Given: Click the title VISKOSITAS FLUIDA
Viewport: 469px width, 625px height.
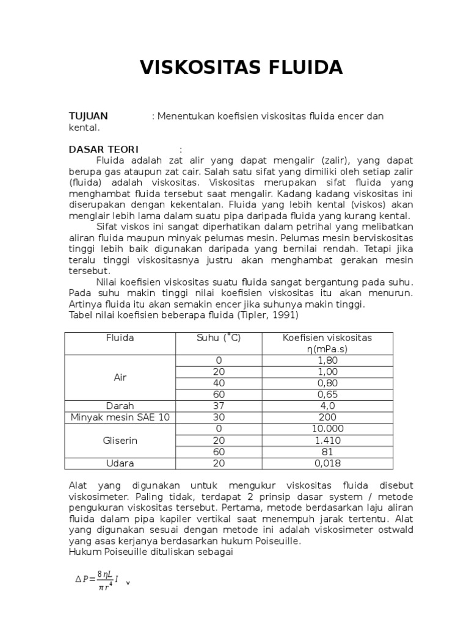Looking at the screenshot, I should [x=241, y=67].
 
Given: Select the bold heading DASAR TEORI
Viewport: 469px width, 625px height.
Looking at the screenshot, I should [x=103, y=150].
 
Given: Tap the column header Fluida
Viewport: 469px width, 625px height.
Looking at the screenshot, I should [x=120, y=338].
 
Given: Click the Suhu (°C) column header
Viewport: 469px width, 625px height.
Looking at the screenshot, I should [x=219, y=338].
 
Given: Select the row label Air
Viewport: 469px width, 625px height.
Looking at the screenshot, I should [x=120, y=377].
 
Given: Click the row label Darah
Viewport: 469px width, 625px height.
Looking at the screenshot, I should [x=120, y=405].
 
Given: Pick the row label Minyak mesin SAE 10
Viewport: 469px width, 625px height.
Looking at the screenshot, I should [x=120, y=417].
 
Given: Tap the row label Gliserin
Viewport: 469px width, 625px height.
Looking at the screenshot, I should [x=120, y=440].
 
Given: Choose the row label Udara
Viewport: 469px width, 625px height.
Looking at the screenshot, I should [x=120, y=463].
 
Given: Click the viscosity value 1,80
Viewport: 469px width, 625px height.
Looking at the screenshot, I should [x=327, y=361].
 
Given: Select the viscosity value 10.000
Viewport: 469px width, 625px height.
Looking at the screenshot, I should [x=327, y=428].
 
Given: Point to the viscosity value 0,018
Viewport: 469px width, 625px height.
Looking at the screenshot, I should [x=327, y=463].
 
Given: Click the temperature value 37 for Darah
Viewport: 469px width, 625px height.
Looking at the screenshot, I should [x=219, y=405].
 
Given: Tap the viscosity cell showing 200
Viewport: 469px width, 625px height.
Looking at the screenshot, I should [x=327, y=417].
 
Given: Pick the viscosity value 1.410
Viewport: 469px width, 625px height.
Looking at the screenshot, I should [x=327, y=440].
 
